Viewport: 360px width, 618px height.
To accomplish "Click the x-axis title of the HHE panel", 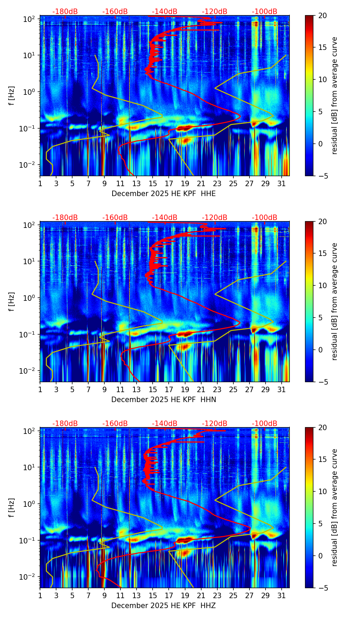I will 164,194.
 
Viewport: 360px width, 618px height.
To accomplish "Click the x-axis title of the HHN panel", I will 164,400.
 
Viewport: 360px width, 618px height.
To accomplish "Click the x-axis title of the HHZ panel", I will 164,606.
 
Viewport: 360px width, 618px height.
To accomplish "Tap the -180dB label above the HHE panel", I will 65,12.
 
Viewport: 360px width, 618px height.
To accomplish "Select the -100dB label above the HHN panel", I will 265,218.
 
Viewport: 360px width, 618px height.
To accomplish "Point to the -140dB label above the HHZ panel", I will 165,424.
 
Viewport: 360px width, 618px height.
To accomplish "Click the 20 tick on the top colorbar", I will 322,15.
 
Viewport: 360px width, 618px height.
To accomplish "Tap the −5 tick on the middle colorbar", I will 322,382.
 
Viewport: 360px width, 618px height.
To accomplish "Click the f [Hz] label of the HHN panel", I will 12,301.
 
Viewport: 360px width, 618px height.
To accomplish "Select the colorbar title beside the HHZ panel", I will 334,507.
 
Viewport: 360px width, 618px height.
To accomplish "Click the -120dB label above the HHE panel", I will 215,12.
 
